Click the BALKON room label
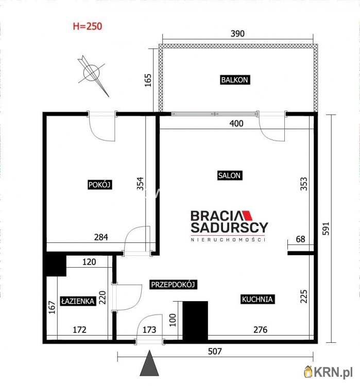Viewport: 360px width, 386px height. [x=234, y=80]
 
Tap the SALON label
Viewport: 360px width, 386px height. [x=229, y=176]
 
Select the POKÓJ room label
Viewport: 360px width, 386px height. [x=100, y=184]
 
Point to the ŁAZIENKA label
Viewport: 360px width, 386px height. [x=78, y=301]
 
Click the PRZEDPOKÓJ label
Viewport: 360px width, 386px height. [x=173, y=285]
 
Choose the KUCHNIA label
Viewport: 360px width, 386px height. [x=257, y=299]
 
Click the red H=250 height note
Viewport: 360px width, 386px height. [x=88, y=26]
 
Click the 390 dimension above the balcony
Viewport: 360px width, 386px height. [x=237, y=33]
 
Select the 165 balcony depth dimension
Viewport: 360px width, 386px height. [x=148, y=80]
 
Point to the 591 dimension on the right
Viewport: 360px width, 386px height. [x=325, y=229]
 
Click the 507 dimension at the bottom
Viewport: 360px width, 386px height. [x=215, y=351]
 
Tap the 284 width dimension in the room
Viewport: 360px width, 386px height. [x=101, y=237]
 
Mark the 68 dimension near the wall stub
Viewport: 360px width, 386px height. [x=300, y=239]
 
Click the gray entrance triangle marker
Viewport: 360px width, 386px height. [x=149, y=363]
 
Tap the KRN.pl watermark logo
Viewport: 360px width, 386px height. [x=329, y=372]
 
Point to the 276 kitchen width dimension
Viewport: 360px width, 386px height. [x=261, y=329]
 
